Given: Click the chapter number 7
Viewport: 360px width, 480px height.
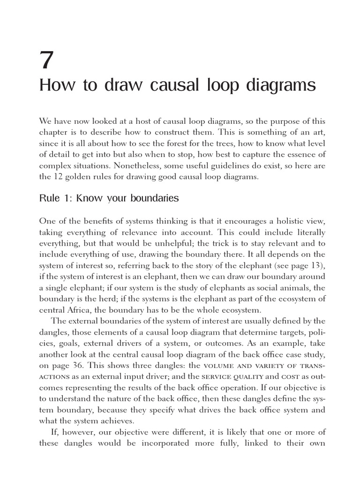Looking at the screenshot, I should (47, 60).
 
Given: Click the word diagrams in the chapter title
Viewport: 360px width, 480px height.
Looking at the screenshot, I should (277, 86).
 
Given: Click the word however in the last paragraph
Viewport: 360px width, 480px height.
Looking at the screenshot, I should (71, 432).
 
